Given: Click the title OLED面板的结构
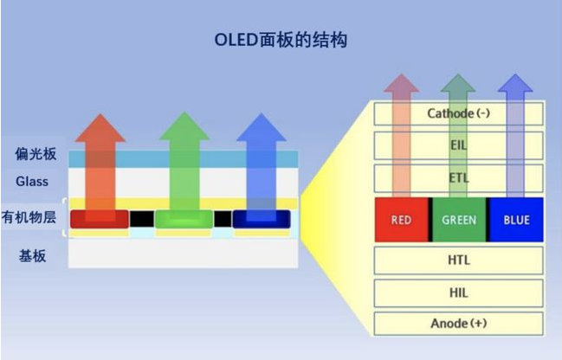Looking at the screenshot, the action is [281, 40].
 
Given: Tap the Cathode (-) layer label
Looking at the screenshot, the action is [458, 113].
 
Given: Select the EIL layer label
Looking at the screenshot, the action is [458, 145].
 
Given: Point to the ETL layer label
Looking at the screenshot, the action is [458, 177].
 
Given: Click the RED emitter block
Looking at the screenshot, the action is [402, 220].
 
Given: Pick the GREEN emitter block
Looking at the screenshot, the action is [459, 220].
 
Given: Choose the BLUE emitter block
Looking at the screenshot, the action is [516, 220].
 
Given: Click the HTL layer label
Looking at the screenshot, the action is [459, 260].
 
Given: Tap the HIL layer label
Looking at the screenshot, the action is [459, 292].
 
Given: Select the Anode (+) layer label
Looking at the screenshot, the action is [459, 323].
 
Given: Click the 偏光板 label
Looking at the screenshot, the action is [36, 154].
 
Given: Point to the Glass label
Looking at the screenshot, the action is [32, 181].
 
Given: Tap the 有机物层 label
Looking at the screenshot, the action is [29, 217].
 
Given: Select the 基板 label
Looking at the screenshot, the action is [32, 256].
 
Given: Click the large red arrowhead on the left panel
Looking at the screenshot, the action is [100, 129].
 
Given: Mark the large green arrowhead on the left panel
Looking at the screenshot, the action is [184, 127].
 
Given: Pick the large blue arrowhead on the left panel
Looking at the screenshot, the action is [262, 128].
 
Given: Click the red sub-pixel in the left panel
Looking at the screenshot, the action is [100, 219].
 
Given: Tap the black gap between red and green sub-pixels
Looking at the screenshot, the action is [142, 219].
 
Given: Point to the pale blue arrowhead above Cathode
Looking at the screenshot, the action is [515, 83].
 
